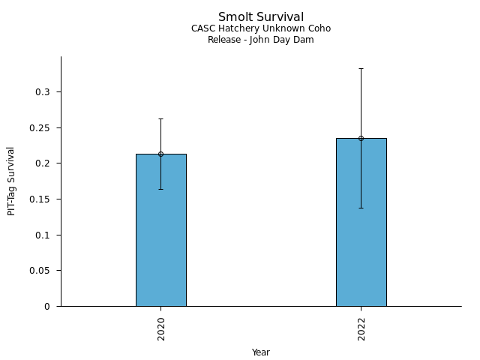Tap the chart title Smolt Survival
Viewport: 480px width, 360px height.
[261, 17]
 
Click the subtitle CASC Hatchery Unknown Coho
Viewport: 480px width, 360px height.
[261, 28]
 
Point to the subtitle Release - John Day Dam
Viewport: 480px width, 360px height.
[261, 40]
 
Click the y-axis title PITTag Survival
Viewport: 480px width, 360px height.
[11, 181]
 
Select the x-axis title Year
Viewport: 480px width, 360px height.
[261, 352]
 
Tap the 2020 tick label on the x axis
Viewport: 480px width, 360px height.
[161, 328]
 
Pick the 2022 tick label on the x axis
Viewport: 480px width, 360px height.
[361, 328]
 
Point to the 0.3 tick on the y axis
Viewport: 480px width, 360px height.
[46, 92]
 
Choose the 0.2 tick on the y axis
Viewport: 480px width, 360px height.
[46, 163]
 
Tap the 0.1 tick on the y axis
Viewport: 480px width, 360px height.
[46, 235]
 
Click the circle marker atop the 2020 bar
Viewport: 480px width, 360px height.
[160, 154]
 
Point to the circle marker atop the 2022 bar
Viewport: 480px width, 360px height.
[361, 138]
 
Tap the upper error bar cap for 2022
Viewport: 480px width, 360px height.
[361, 68]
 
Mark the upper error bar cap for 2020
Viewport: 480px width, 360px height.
[160, 118]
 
